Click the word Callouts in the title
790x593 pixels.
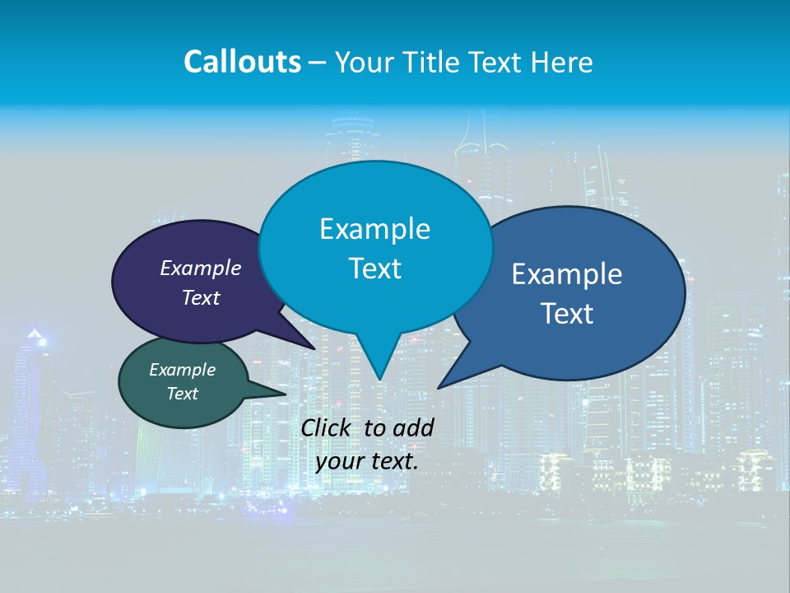[x=242, y=62]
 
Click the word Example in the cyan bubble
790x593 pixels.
[x=374, y=228]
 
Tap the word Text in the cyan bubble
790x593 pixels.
[x=374, y=268]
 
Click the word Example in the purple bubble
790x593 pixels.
[x=201, y=268]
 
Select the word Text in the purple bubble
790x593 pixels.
[x=201, y=297]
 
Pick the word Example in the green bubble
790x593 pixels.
[x=182, y=370]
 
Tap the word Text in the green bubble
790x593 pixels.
[x=182, y=394]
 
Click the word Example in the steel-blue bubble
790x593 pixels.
[x=567, y=274]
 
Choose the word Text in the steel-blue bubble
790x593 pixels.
[x=567, y=314]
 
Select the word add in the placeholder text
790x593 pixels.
[x=413, y=427]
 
